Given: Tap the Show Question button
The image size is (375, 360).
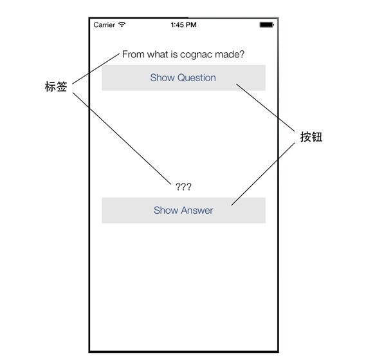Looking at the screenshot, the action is point(183,78).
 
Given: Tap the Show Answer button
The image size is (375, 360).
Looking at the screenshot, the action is point(183,211).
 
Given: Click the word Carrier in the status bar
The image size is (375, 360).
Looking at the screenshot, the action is point(104,25).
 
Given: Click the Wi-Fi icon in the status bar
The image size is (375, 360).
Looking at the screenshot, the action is point(122,24).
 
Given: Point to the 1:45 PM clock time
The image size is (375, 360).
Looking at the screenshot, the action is point(184,25).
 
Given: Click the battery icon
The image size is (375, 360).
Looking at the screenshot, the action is point(267,24).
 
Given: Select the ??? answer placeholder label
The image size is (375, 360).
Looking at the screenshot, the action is point(183,187).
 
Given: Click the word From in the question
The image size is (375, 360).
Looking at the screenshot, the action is point(133,54).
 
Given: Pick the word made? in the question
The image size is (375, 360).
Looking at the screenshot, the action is point(230,54).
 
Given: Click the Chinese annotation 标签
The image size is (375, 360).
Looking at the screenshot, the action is point(56,86).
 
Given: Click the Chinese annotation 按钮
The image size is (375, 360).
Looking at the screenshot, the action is point(311,137).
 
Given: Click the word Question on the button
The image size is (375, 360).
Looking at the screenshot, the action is point(197,78).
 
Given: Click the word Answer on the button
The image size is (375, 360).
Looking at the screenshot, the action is point(197,211).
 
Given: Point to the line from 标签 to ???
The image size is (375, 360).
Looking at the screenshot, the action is point(122,138).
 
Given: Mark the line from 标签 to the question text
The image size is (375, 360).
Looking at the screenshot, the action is point(96,69).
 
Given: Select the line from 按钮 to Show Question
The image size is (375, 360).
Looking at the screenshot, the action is point(266,108).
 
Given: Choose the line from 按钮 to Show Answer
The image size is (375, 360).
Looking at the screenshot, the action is point(263,174).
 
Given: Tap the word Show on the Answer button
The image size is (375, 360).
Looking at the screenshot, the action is point(166,211).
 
